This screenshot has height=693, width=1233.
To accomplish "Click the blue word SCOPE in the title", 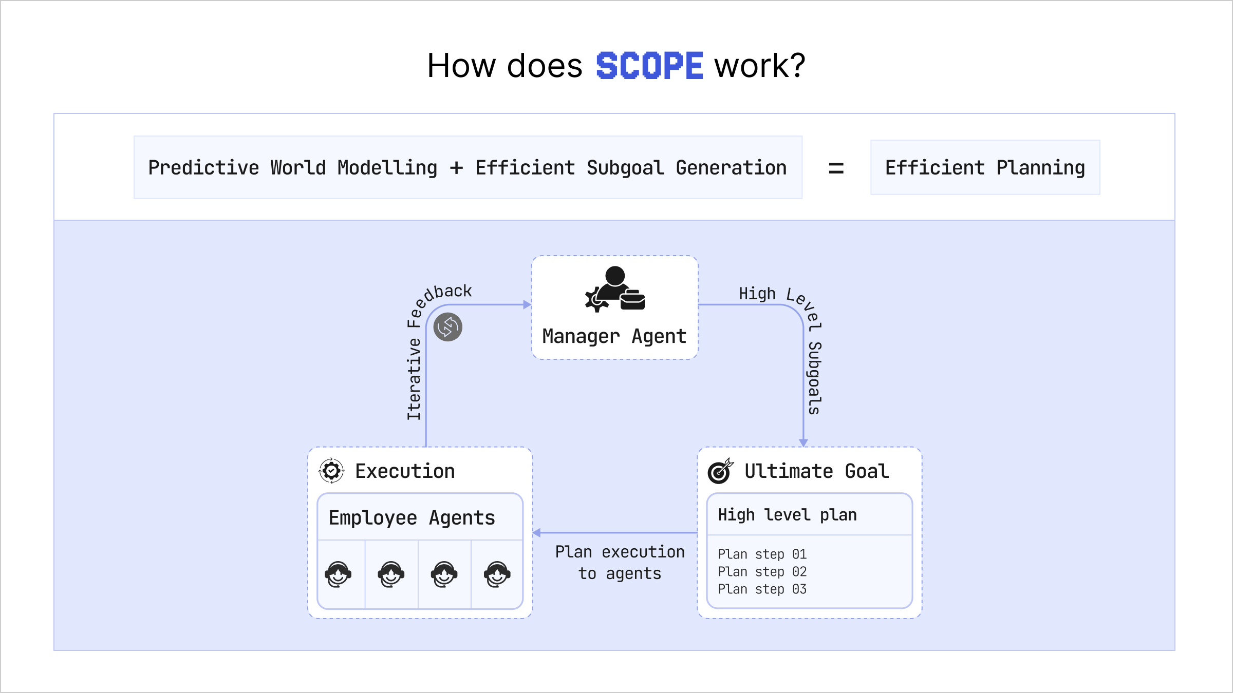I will [x=649, y=66].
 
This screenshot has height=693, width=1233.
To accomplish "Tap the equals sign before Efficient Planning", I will [x=836, y=168].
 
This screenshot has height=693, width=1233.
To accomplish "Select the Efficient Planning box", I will [x=985, y=167].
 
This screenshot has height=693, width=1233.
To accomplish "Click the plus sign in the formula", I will [x=456, y=168].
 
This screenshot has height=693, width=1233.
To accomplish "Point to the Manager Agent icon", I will [x=615, y=290].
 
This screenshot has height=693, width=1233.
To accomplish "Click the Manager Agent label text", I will [x=614, y=336].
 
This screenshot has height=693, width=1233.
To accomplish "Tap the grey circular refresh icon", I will [x=448, y=327].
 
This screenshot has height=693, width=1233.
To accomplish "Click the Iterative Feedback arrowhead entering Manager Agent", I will [x=527, y=304].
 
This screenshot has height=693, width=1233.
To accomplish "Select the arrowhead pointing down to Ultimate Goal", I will [x=804, y=442].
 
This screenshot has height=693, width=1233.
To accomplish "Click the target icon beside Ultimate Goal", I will [x=720, y=471].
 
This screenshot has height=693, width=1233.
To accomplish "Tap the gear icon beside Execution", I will [x=331, y=471].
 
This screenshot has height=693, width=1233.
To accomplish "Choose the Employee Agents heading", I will [x=412, y=517].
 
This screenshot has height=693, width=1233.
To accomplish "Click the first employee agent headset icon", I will [x=338, y=574].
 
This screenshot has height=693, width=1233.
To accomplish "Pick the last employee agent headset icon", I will [x=497, y=574].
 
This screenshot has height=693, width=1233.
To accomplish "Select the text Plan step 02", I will [x=762, y=572].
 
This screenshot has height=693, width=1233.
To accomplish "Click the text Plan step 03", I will [x=762, y=589].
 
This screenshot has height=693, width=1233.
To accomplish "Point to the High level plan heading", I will [x=787, y=515].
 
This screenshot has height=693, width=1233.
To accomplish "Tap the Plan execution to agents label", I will [x=620, y=563].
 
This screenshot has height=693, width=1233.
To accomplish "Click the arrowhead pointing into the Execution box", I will [x=537, y=533].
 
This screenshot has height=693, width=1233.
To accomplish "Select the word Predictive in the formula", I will [x=203, y=168].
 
